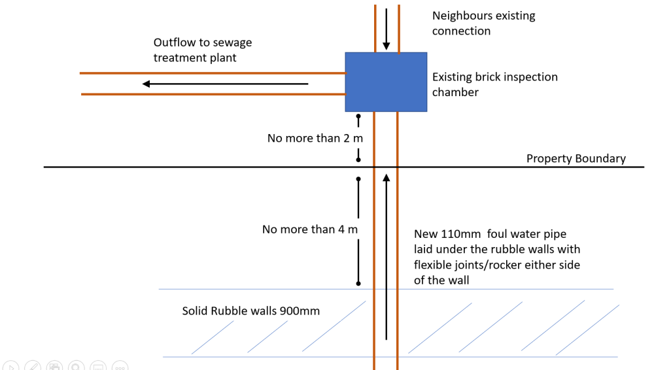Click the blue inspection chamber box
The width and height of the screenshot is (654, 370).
pyautogui.click(x=386, y=82)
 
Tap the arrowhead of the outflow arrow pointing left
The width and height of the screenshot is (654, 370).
pyautogui.click(x=146, y=84)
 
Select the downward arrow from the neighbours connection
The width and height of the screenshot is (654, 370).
pyautogui.click(x=387, y=29)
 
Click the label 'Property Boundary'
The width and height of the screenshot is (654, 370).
pyautogui.click(x=576, y=158)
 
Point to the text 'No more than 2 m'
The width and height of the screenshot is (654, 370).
pyautogui.click(x=315, y=138)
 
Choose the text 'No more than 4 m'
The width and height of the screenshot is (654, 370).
pyautogui.click(x=310, y=229)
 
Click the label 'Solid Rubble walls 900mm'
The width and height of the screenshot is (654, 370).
pyautogui.click(x=250, y=311)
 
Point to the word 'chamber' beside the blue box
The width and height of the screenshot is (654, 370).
pyautogui.click(x=455, y=92)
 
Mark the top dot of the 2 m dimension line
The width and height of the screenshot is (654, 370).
pyautogui.click(x=358, y=116)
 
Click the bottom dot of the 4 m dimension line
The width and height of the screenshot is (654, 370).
pyautogui.click(x=358, y=284)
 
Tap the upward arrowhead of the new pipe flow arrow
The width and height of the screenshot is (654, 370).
pyautogui.click(x=387, y=178)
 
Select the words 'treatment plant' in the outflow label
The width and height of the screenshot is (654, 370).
pyautogui.click(x=195, y=58)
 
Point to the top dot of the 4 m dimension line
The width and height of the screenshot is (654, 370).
pyautogui.click(x=358, y=179)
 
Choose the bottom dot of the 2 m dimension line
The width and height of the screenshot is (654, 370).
pyautogui.click(x=358, y=160)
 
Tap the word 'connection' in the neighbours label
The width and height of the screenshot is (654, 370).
pyautogui.click(x=461, y=31)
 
